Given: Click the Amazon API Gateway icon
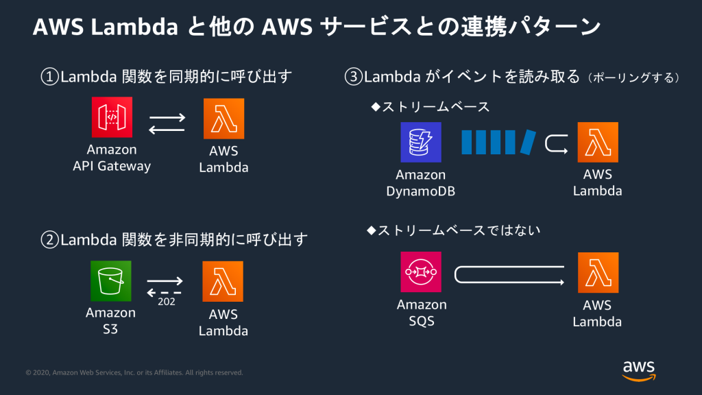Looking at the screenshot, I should coord(112,117).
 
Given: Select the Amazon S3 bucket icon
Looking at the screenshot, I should coord(110,281).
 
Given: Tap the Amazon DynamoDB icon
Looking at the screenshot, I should coord(421,143).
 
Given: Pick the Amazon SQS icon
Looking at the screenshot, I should coord(421,272).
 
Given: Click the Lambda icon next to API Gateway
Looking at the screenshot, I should coord(223,118).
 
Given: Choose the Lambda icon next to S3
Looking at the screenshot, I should coord(223,281).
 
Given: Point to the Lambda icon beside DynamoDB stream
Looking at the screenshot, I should coord(598,143).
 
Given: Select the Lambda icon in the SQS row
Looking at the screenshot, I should coord(598,272).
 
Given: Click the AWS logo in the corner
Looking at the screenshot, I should coord(638,370).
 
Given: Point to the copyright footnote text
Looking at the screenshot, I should coord(134,372).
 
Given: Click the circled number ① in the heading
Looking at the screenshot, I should coord(50,76).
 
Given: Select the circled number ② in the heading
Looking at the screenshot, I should coord(50,240).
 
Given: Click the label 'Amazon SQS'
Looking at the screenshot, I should coord(421,312).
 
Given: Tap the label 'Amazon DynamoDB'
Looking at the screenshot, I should coord(421,182).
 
